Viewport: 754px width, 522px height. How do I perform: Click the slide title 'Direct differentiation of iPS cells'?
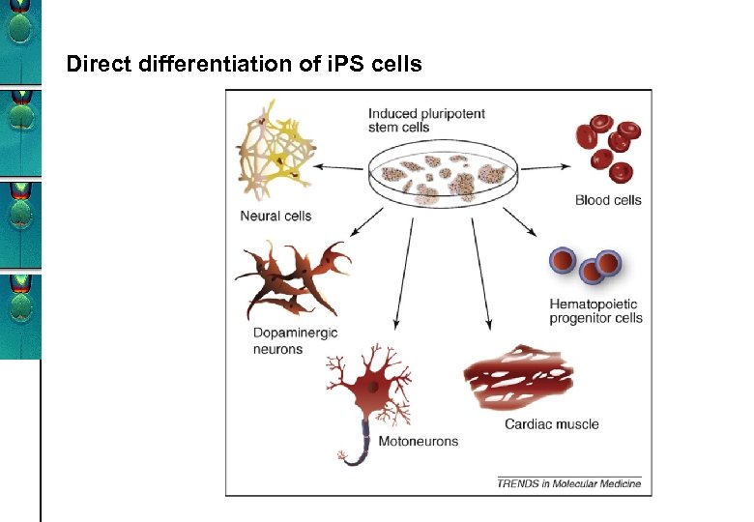[x=244, y=65]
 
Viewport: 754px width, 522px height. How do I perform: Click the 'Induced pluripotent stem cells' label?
[x=413, y=120]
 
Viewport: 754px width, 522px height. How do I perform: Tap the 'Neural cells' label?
[x=275, y=216]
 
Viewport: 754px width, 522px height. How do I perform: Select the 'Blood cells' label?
[x=608, y=200]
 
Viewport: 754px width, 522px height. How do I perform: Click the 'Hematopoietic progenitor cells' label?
[x=595, y=310]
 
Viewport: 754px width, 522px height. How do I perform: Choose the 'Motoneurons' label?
[x=418, y=441]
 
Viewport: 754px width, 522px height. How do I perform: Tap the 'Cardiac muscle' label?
[x=551, y=423]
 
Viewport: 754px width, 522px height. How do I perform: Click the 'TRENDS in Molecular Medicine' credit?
[x=568, y=482]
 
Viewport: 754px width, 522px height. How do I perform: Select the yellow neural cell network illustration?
[x=275, y=155]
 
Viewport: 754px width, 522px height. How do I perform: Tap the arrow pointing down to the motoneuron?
[x=405, y=271]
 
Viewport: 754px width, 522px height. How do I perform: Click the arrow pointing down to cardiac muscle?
[x=481, y=271]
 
